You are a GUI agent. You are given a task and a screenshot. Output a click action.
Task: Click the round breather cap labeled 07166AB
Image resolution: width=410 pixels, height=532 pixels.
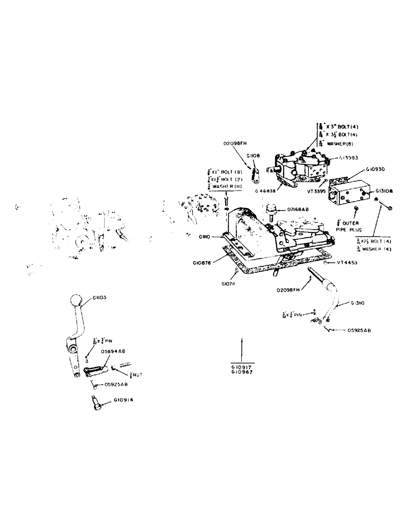[x=273, y=207]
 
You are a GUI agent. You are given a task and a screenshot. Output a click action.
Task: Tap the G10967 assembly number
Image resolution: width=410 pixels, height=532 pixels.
[x=242, y=372]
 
